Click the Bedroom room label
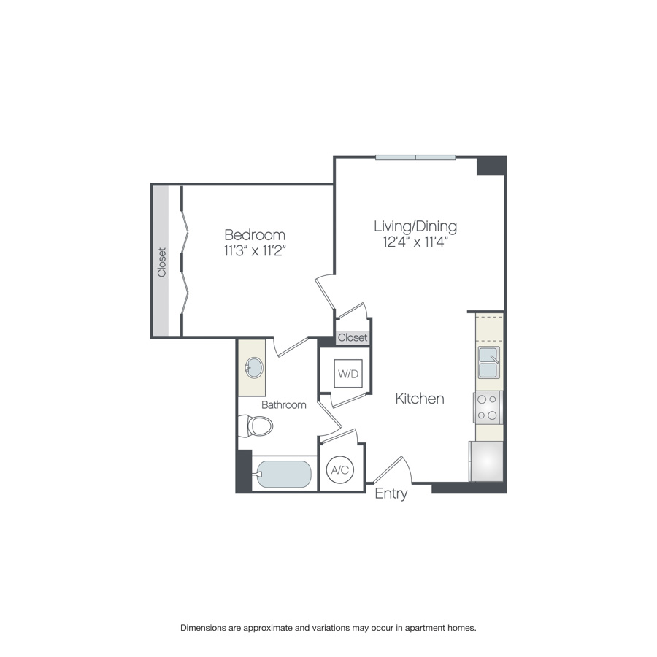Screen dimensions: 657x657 click(x=254, y=235)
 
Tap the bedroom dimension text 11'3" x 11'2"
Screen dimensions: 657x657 click(x=254, y=252)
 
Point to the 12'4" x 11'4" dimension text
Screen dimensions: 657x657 click(x=415, y=242)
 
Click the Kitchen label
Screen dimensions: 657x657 click(x=420, y=399)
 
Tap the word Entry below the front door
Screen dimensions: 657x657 click(x=391, y=494)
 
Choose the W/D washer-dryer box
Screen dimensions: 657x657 click(x=347, y=374)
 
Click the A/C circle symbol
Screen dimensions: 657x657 click(x=339, y=471)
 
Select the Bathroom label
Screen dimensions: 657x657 click(x=284, y=404)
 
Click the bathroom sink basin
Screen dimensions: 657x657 click(x=253, y=367)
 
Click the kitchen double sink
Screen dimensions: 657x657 click(x=488, y=362)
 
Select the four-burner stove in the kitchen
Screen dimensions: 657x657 click(x=488, y=407)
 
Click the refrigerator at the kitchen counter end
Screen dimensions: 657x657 click(x=486, y=461)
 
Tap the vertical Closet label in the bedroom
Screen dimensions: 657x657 click(x=161, y=262)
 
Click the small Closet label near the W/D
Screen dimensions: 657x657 click(x=353, y=338)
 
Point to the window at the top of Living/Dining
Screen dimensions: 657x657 click(x=415, y=157)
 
